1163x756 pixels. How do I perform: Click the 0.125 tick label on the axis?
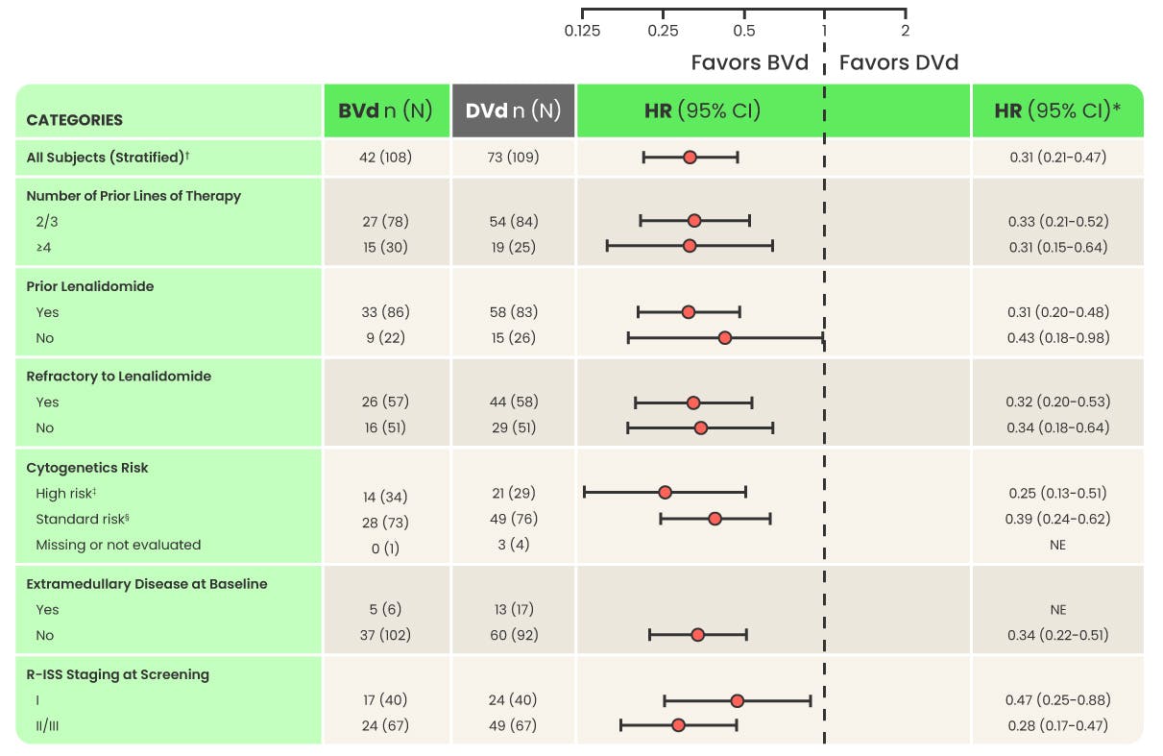[582, 31]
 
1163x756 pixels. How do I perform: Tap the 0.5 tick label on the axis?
[743, 31]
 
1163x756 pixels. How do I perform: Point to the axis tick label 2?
[905, 31]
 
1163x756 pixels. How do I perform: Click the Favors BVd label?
[749, 63]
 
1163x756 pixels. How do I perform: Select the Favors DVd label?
[899, 63]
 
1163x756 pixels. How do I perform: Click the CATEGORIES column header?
[74, 120]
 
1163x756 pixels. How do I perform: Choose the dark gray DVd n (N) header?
[513, 110]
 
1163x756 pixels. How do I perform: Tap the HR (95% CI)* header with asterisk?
[1057, 110]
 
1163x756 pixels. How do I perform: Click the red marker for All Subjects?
[690, 157]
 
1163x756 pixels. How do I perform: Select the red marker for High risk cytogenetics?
[665, 492]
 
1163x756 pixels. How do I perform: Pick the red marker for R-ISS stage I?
[737, 700]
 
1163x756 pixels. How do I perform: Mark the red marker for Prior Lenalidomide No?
[725, 337]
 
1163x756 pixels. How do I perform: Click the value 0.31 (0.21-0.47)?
[1057, 157]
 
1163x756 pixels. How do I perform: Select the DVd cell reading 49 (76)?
[513, 519]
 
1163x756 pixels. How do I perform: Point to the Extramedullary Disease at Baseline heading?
[146, 584]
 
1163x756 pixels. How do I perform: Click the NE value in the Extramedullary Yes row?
[1057, 609]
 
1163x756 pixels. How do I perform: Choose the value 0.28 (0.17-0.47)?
[1057, 725]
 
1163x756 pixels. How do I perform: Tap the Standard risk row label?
[83, 519]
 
